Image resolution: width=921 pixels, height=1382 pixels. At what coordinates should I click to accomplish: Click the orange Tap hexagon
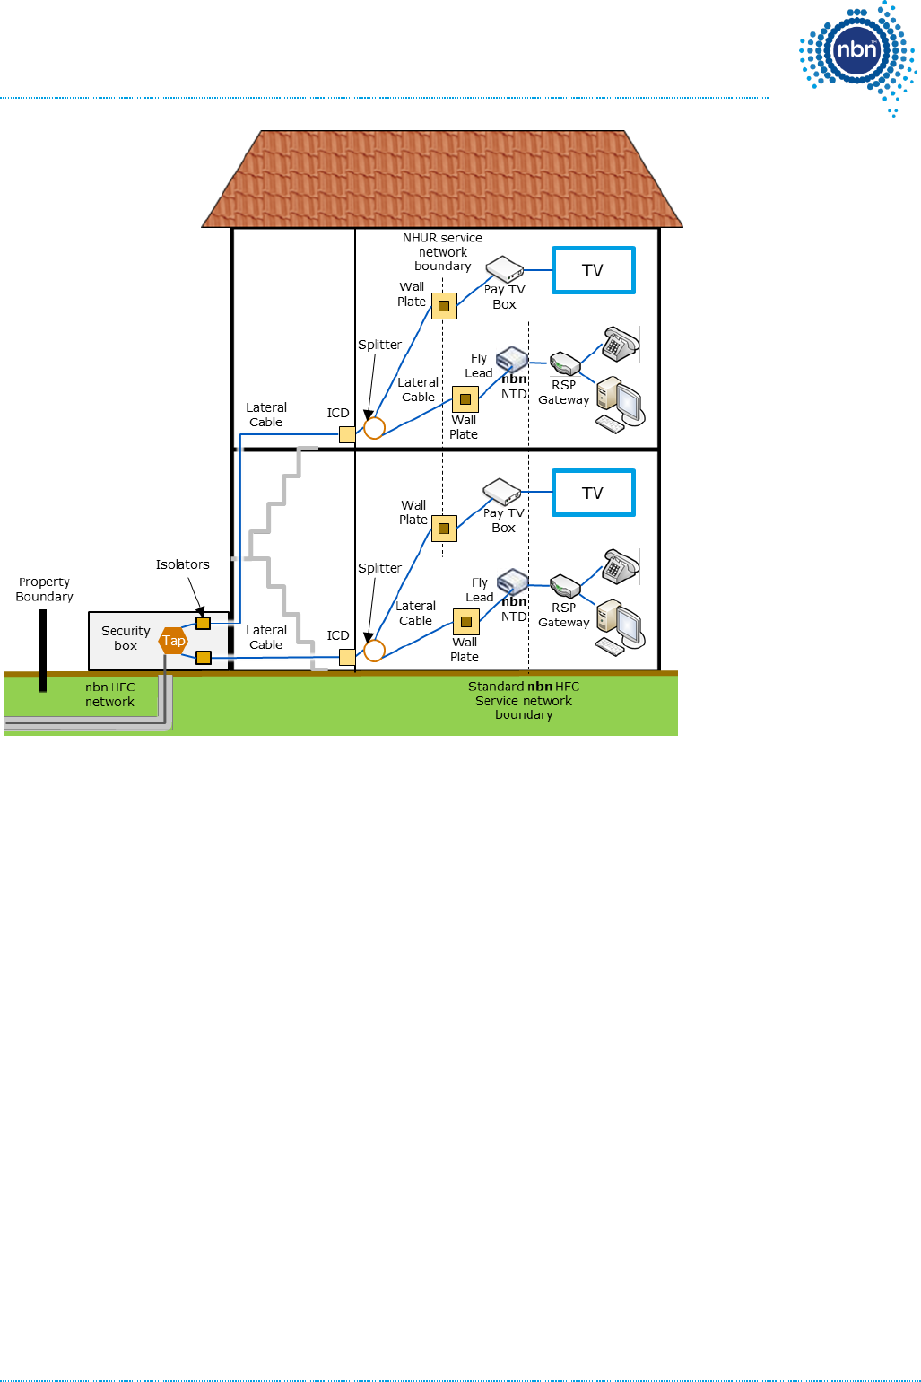(173, 641)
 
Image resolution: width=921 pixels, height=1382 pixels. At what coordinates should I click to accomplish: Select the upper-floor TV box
(593, 270)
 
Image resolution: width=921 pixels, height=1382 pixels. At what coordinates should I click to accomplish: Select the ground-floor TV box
(593, 493)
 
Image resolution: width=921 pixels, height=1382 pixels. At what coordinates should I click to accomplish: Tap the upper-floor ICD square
(347, 434)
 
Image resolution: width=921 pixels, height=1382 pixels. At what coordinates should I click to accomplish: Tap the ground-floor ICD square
(347, 657)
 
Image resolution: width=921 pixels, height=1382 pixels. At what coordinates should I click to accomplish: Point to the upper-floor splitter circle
(375, 428)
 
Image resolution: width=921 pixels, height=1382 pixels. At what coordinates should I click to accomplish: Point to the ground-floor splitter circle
(375, 651)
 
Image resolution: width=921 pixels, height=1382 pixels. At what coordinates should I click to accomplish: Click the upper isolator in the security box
(204, 623)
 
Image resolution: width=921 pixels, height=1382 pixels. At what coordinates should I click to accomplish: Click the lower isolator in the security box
(204, 658)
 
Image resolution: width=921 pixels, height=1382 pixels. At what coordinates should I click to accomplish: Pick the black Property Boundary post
(43, 651)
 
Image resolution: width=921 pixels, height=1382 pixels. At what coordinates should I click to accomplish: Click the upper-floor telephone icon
(621, 344)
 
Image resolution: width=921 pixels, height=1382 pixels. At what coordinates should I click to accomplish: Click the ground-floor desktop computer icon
(620, 625)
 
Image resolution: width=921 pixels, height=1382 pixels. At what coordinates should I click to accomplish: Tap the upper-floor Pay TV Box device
(504, 268)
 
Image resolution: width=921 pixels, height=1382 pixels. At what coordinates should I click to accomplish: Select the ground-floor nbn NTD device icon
(513, 582)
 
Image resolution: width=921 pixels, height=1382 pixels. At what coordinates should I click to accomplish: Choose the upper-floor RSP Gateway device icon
(565, 364)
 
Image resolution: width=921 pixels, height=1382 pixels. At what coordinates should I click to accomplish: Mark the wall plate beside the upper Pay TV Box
(444, 306)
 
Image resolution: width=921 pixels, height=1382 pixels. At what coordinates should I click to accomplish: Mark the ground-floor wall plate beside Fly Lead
(465, 621)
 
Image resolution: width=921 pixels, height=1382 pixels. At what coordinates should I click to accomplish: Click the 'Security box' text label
(126, 638)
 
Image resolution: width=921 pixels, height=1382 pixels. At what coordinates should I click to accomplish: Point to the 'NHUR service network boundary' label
(442, 251)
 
